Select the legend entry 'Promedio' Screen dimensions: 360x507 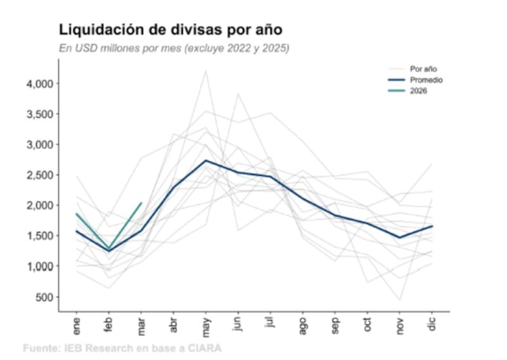click(x=426, y=80)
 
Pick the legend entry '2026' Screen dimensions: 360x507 click(x=418, y=91)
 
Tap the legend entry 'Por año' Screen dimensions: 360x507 click(x=423, y=68)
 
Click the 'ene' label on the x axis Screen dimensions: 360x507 click(x=77, y=326)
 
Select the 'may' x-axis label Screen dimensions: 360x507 click(x=206, y=326)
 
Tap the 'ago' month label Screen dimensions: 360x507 click(x=303, y=326)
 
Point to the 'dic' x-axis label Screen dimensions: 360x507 click(x=432, y=325)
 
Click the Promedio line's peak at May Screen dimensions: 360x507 click(x=206, y=160)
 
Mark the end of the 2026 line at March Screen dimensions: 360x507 click(x=141, y=203)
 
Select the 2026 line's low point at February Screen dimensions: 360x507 click(x=109, y=248)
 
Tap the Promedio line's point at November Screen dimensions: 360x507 click(x=400, y=238)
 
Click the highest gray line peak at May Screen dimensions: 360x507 click(x=206, y=70)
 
